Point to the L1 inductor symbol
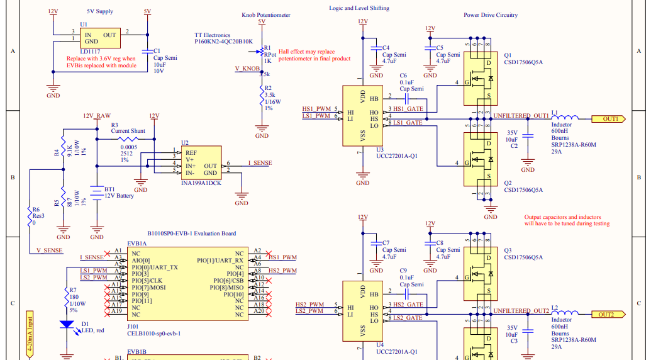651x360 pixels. tap(565, 118)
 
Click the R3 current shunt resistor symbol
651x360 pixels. tap(131, 139)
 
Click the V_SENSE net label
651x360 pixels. tap(49, 250)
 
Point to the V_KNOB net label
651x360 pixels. tap(247, 68)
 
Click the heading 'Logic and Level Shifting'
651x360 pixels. tap(359, 8)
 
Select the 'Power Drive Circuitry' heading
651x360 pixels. tap(491, 15)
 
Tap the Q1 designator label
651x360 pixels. tap(508, 55)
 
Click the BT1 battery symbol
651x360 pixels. tap(96, 193)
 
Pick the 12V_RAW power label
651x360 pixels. tap(96, 116)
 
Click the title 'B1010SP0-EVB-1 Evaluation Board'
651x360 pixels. tap(191, 233)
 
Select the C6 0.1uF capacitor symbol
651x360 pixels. tap(406, 98)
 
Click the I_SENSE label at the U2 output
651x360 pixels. tap(260, 163)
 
